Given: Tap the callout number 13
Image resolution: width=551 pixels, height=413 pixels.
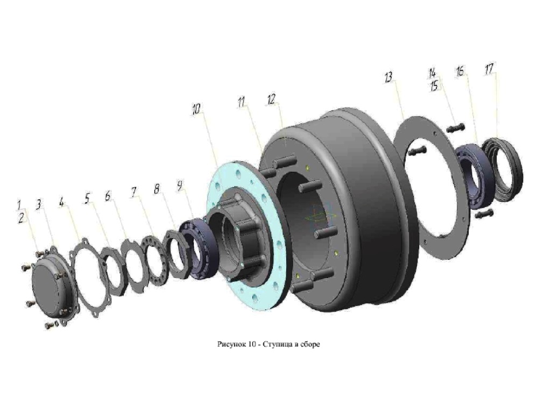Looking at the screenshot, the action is pyautogui.click(x=388, y=77).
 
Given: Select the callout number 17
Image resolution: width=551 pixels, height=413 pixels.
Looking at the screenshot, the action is pyautogui.click(x=489, y=69).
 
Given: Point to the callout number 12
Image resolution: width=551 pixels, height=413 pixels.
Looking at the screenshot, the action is pyautogui.click(x=271, y=99).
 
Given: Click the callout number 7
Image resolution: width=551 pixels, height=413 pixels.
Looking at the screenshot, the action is pyautogui.click(x=134, y=192).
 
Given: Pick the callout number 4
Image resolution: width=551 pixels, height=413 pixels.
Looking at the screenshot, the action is pyautogui.click(x=62, y=202).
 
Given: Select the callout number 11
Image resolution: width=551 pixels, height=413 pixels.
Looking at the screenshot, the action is pyautogui.click(x=242, y=102).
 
